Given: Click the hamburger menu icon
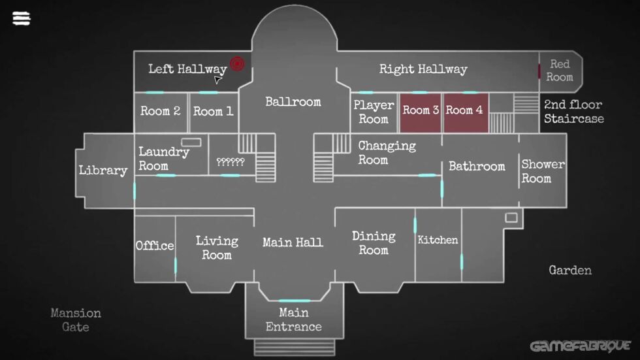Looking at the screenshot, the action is pos(21,18).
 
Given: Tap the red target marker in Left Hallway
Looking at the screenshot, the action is pos(237,63).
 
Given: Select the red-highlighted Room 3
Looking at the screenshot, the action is pos(421,112).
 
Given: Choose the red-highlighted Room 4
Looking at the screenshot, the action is pos(466,112).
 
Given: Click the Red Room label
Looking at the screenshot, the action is pos(560,70).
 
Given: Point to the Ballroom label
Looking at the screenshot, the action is pos(293,102).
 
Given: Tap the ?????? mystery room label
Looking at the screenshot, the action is pos(230,162).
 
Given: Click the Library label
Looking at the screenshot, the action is pos(103,171).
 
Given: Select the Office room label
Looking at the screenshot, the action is pos(155,245).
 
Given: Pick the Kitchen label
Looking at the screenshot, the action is pos(438,240).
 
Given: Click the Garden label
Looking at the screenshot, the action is pos(570,270).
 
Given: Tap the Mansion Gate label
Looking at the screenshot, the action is pos(76,320).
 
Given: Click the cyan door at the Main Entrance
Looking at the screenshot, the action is pos(295,301).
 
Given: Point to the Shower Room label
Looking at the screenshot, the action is pos(543,171).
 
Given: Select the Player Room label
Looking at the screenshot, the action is pos(374,112).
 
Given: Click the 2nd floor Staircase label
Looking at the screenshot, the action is pos(574,112).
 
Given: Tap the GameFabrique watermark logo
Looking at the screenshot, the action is pos(580,346).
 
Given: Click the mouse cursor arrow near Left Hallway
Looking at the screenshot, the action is pos(217,80).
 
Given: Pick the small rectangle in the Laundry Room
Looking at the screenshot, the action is pos(191,142).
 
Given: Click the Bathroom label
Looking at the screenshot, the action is pos(477,166).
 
